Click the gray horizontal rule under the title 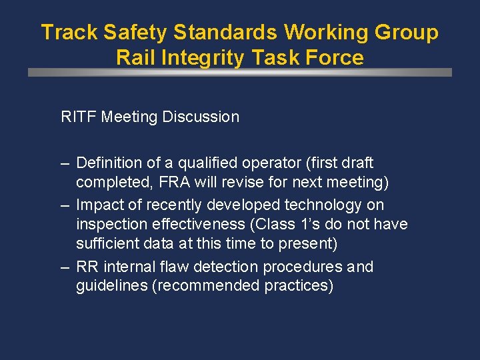click(x=240, y=72)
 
